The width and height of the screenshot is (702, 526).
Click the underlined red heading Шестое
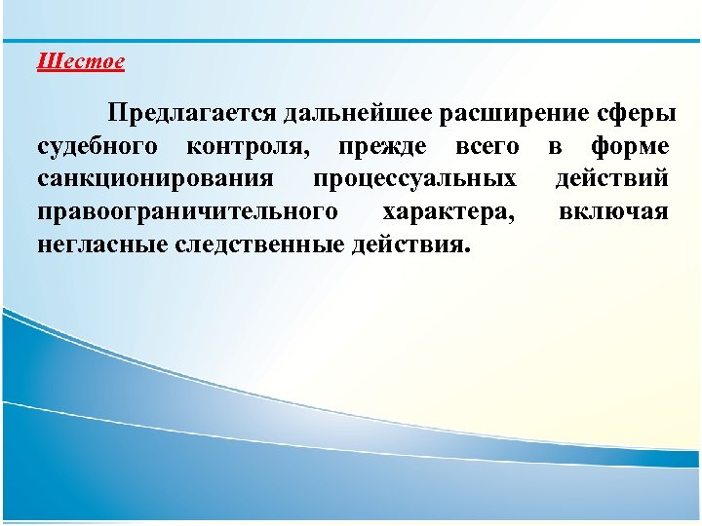[81, 62]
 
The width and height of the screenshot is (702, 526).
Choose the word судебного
[97, 147]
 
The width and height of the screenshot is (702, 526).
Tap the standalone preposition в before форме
[554, 147]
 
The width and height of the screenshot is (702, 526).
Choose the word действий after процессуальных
[611, 179]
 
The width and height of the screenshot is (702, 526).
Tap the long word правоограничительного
[187, 211]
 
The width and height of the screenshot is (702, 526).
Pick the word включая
[613, 211]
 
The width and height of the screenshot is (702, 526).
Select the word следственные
[258, 244]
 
